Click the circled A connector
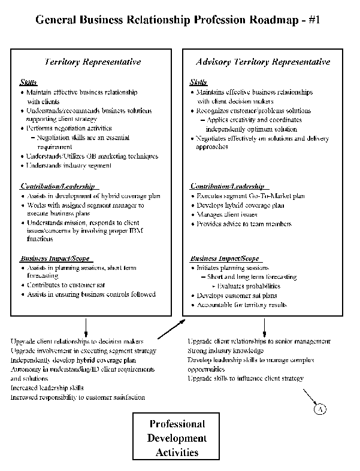(x=321, y=409)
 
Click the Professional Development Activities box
(x=177, y=438)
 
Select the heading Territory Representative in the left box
(x=93, y=62)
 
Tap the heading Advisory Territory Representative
(x=262, y=62)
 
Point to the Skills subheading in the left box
(x=28, y=83)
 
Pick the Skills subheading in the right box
(x=198, y=83)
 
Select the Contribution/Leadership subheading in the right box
(x=226, y=186)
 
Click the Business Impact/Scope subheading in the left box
(x=55, y=259)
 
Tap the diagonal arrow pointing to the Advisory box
(x=171, y=329)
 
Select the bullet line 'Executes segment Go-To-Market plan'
(x=250, y=196)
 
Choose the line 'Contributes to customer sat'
(x=66, y=285)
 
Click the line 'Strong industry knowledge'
(x=226, y=351)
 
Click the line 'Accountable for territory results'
(x=242, y=305)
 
